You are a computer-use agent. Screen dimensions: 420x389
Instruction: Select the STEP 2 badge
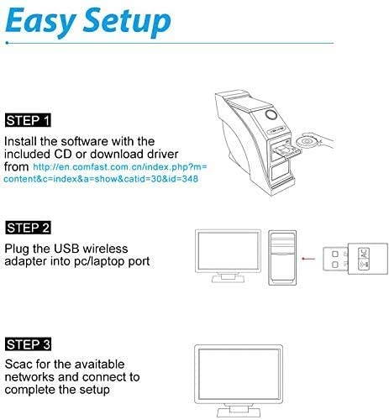[x=28, y=228]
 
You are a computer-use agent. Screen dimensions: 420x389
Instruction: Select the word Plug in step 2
[x=18, y=249]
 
